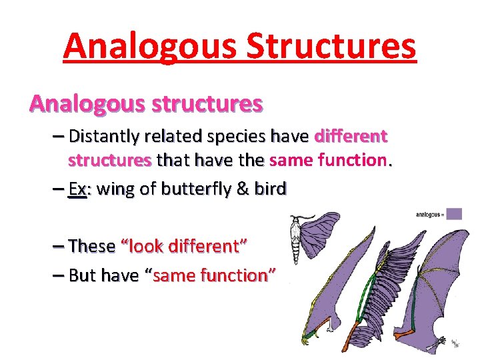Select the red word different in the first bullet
coord(350,137)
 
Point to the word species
coord(231,137)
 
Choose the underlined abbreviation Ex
coord(77,189)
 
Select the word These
coord(92,246)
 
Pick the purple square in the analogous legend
coord(454,214)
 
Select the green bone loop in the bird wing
coord(360,280)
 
